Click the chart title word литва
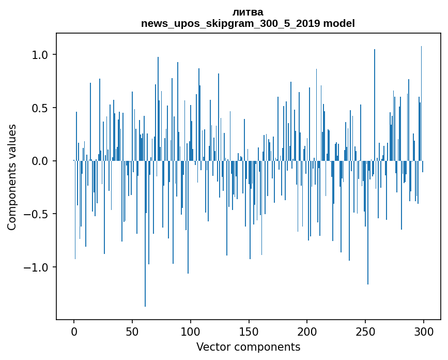[x=248, y=12]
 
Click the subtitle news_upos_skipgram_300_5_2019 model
[x=248, y=23]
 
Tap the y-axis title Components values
[x=12, y=177]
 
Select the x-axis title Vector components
[x=248, y=347]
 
